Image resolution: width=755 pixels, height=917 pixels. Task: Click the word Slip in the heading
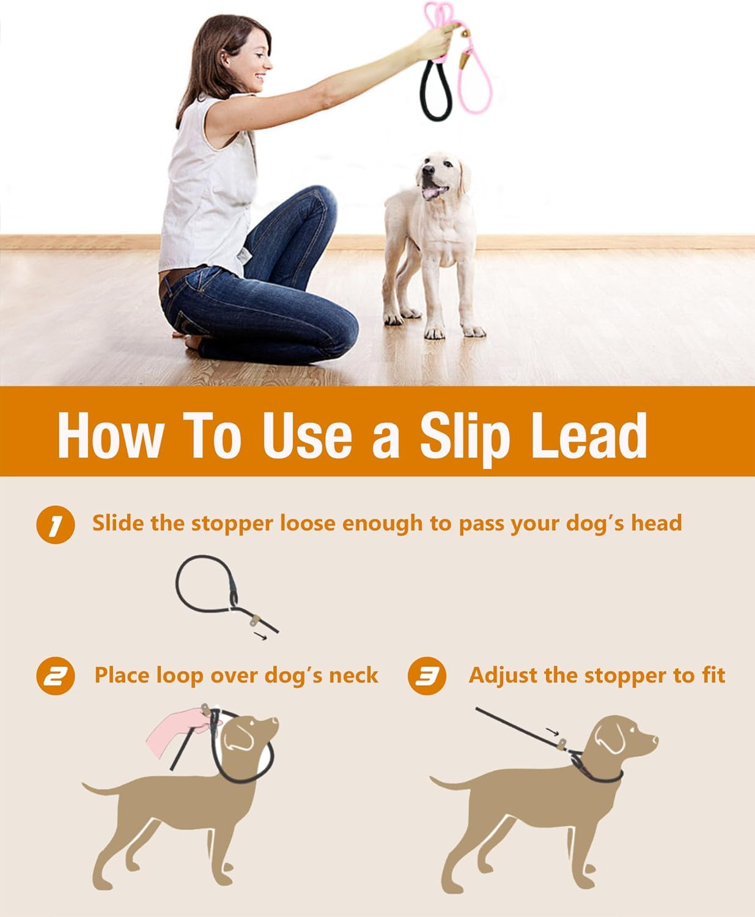point(465,435)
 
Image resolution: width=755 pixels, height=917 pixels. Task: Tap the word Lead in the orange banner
point(589,435)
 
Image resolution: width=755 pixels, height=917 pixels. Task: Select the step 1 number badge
point(55,525)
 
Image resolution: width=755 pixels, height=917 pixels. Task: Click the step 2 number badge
point(55,677)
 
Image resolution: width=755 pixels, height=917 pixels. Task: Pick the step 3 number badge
point(427,677)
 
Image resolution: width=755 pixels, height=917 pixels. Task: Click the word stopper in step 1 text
point(232,524)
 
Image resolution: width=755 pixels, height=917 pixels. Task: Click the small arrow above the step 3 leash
point(552,732)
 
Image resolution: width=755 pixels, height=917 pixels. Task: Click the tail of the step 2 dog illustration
point(101,789)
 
